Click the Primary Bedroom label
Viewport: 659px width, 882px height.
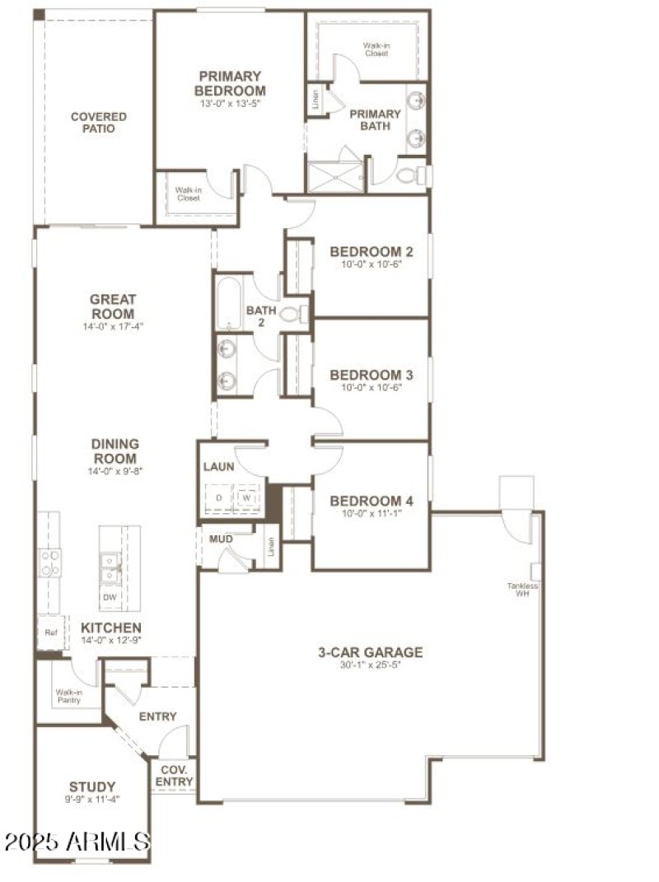[x=230, y=83]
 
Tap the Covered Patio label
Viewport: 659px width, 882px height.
[x=98, y=123]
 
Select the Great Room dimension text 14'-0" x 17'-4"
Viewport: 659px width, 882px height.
[x=112, y=327]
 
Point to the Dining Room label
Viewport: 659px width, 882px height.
[x=115, y=451]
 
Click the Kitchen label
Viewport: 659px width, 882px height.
[x=111, y=628]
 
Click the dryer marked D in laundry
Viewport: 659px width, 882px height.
[x=220, y=499]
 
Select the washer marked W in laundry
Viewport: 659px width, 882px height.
[x=246, y=499]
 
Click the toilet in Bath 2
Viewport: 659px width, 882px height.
[x=292, y=314]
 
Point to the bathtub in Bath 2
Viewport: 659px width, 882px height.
[x=229, y=301]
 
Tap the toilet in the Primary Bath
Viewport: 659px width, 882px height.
[x=410, y=175]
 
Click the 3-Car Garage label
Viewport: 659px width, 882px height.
[x=371, y=652]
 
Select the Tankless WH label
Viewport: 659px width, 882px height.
[x=523, y=590]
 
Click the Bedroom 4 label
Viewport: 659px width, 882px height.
[x=372, y=502]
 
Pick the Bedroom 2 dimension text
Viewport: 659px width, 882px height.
[x=372, y=265]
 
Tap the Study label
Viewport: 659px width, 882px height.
[x=92, y=786]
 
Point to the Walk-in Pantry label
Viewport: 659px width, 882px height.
[x=68, y=696]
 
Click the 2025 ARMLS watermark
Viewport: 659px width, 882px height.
[x=77, y=842]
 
